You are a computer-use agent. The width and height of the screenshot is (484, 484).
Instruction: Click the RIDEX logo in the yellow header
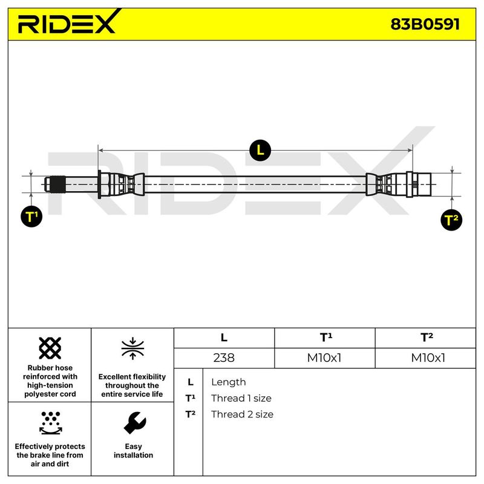(67, 24)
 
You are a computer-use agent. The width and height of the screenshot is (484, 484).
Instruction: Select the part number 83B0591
(425, 24)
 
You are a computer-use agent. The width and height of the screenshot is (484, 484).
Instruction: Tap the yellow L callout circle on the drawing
(261, 150)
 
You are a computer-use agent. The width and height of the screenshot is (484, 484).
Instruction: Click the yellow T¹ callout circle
(32, 217)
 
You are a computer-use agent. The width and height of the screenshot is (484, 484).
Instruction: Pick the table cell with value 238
(224, 358)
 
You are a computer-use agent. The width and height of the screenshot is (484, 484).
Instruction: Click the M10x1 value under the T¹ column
(325, 358)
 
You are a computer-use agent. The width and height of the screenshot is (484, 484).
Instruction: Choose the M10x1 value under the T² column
(428, 358)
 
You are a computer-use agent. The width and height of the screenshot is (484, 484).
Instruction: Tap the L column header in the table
(224, 338)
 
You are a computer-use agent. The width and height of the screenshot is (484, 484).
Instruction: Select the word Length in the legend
(228, 382)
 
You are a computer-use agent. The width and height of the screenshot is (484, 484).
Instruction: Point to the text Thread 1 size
(241, 398)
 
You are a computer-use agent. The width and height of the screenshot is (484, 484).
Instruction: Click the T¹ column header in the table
(325, 338)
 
